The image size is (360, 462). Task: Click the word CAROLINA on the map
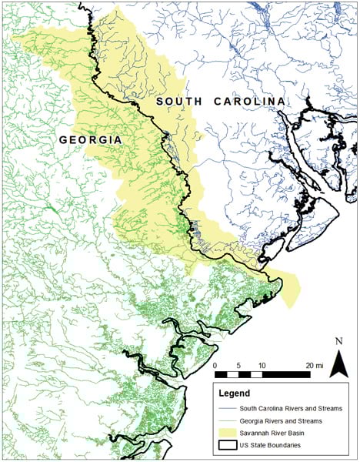(245, 102)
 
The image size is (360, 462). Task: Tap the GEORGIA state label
(92, 139)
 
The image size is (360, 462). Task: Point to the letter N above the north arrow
(338, 341)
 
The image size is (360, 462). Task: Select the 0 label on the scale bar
(215, 365)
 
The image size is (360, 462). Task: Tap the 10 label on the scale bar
(262, 365)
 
